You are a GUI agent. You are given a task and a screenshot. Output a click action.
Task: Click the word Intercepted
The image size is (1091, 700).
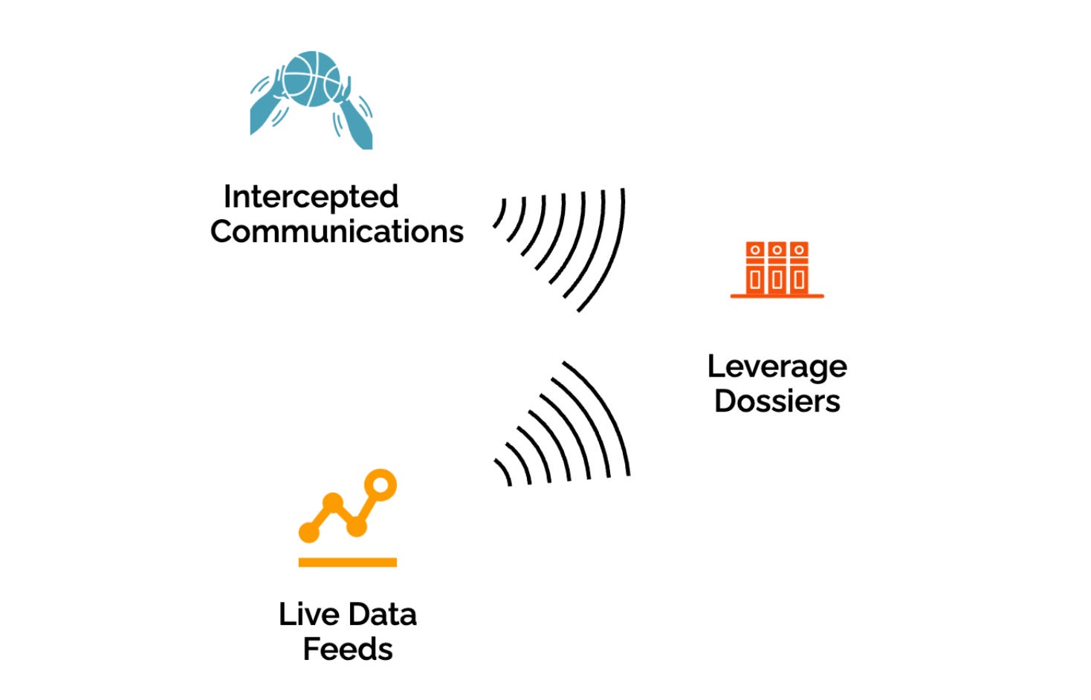pos(311,198)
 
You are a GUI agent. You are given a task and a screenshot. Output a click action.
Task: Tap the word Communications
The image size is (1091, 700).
pos(337,232)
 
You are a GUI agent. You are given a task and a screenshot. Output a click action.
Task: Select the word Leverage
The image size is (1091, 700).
pos(777,367)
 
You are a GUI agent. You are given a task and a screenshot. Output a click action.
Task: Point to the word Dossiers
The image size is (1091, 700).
pos(777,401)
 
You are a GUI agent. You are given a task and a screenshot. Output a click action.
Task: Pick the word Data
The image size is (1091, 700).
pos(383,615)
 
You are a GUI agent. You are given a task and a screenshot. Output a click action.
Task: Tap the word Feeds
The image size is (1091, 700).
pos(348,649)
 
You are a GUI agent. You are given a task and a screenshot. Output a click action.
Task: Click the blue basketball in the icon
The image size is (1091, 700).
pos(312,78)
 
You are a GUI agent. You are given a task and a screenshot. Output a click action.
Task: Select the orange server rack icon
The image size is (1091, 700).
pos(777,269)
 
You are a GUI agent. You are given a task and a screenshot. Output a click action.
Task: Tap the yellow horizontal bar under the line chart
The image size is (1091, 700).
pos(347,563)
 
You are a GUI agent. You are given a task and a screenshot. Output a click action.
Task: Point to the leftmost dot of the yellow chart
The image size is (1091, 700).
pos(308,532)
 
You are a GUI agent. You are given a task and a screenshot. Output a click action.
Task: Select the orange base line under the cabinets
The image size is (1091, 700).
pos(777,296)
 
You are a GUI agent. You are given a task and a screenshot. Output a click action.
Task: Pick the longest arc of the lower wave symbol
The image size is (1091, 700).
pos(609,416)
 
